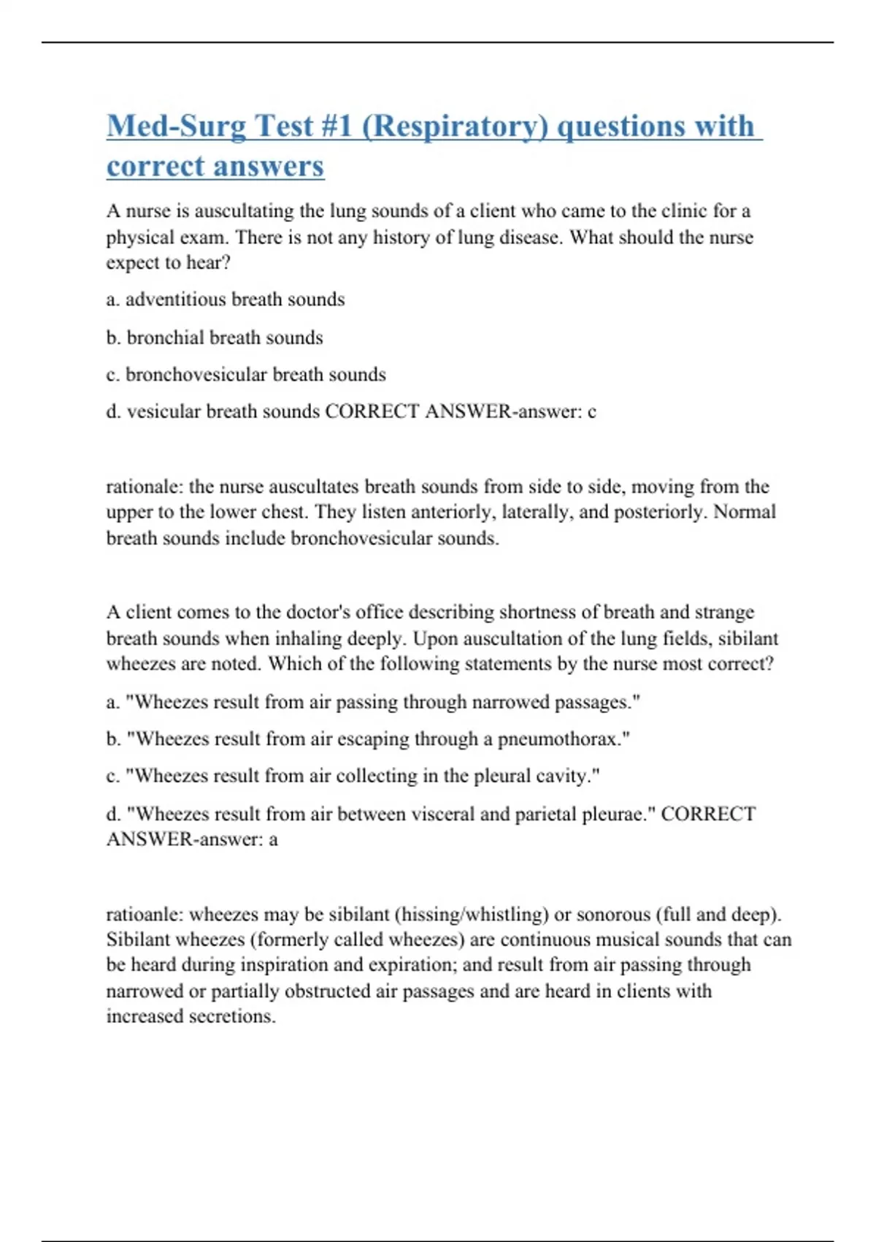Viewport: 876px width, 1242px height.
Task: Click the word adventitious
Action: pyautogui.click(x=175, y=300)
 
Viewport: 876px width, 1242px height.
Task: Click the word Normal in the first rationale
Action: pyautogui.click(x=744, y=511)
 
